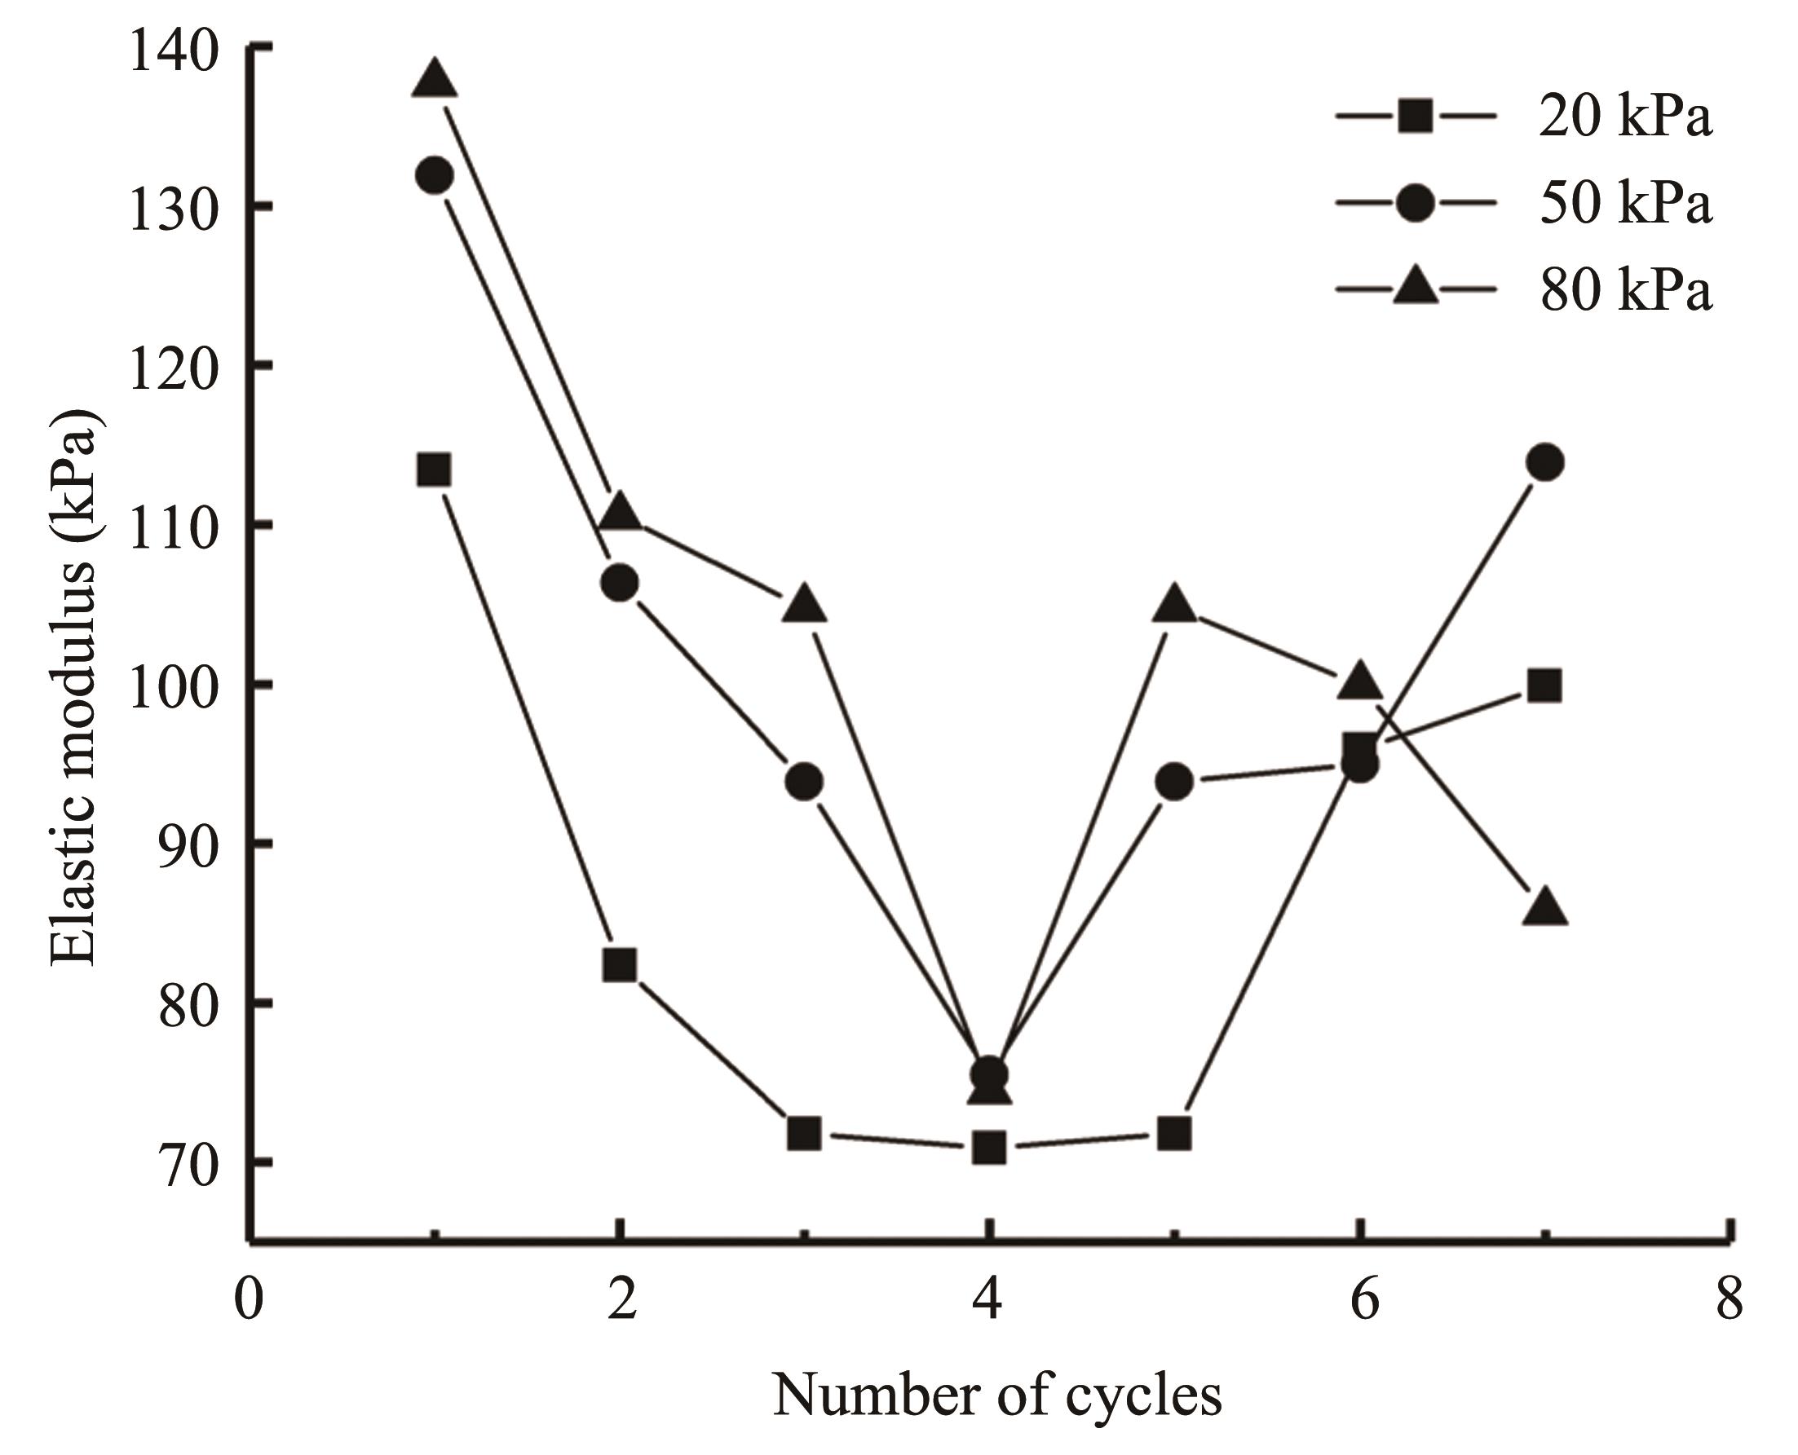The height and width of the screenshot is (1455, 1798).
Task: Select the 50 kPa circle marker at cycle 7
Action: pos(1545,463)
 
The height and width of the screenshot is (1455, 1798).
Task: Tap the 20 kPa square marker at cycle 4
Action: pos(989,1148)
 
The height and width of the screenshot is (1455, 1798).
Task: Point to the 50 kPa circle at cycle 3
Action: pos(804,782)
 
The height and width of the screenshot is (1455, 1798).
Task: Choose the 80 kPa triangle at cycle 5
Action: pos(1174,605)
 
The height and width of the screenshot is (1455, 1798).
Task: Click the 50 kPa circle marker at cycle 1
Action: pos(434,175)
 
